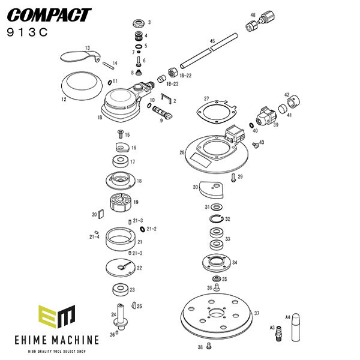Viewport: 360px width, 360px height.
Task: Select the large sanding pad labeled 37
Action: [214, 319]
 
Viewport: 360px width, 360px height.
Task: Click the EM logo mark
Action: [56, 318]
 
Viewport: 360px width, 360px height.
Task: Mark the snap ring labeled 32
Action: [219, 219]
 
